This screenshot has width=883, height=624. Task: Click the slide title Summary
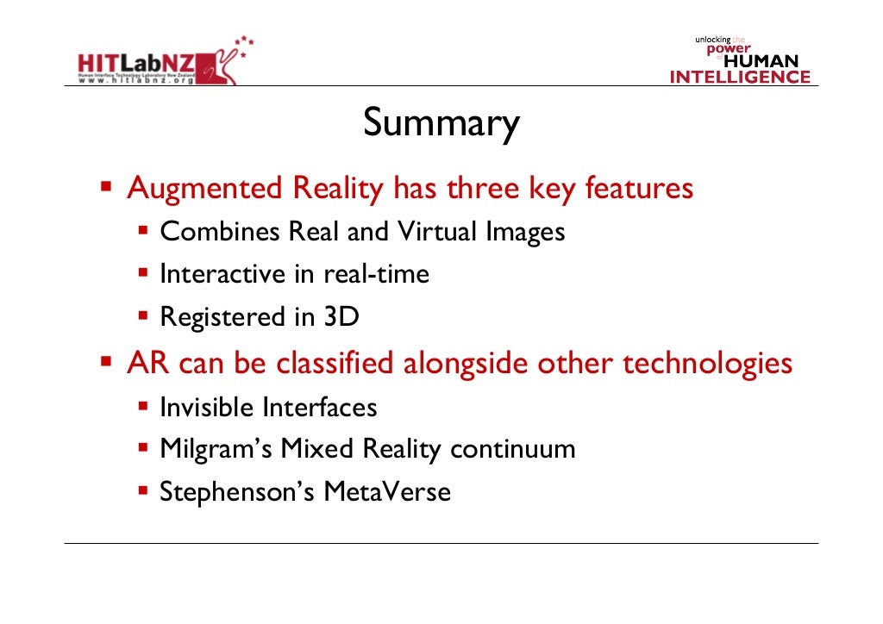[441, 124]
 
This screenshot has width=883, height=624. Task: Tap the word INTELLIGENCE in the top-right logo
[740, 78]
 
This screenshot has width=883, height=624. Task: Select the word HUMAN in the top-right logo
[761, 62]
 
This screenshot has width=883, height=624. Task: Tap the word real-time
[376, 275]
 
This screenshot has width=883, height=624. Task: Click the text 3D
[341, 318]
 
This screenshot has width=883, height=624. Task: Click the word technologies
[707, 363]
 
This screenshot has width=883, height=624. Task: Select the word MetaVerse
[387, 493]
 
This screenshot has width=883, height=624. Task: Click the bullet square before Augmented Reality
[107, 186]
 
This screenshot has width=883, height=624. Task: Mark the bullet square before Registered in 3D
[143, 316]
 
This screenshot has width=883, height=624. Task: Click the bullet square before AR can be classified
[107, 360]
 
